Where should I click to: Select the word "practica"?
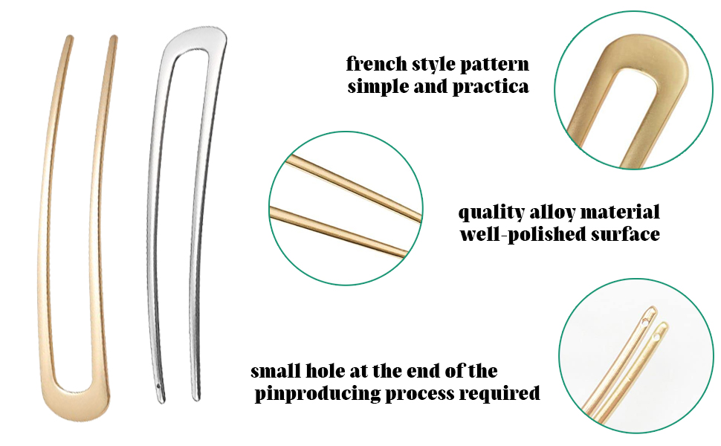491,86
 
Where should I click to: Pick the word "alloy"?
549,212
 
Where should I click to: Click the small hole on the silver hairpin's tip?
161,387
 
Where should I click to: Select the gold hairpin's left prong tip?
69,38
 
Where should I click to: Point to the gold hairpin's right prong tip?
114,38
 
